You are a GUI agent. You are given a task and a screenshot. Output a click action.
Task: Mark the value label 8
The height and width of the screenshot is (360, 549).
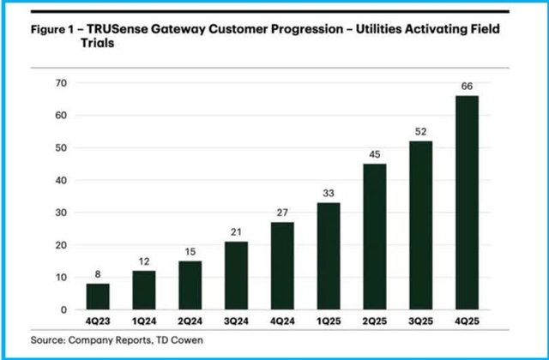pyautogui.click(x=98, y=274)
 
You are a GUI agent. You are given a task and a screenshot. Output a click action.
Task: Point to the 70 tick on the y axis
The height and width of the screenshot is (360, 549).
pyautogui.click(x=61, y=83)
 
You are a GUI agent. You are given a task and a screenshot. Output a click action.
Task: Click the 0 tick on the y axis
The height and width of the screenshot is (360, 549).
pyautogui.click(x=64, y=309)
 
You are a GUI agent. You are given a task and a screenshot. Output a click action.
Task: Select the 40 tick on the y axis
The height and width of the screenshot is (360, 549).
pyautogui.click(x=61, y=180)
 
